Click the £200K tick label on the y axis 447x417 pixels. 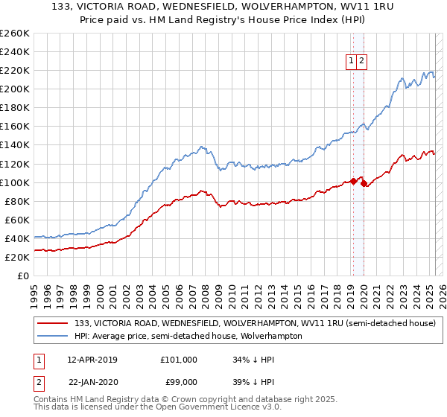click(14, 89)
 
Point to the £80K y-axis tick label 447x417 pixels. click(16, 201)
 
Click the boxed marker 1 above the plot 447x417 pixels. click(350, 62)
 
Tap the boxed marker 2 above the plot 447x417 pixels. click(361, 62)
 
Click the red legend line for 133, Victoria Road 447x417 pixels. click(53, 323)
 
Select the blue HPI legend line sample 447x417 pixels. click(53, 336)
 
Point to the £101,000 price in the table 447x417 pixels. click(179, 360)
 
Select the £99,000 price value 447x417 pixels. click(179, 382)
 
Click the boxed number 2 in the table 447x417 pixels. click(38, 382)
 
